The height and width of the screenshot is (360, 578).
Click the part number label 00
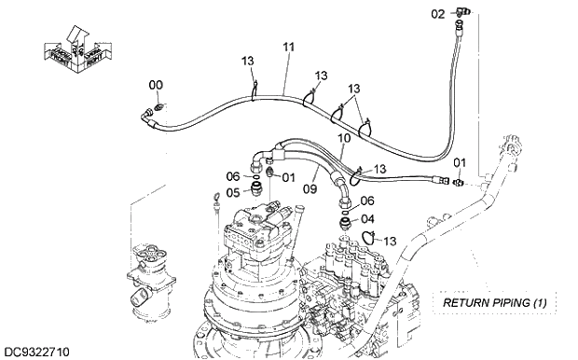point(156,86)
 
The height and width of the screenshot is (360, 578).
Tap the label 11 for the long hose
point(288,47)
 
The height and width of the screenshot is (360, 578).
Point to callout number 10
point(344,138)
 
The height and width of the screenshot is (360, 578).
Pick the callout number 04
point(367,218)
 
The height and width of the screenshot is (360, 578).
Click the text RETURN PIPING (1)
point(494,303)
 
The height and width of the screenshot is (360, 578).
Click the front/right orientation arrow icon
point(73,44)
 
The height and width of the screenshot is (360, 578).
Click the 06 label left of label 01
point(233,175)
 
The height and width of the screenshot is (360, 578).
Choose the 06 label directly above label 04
point(367,201)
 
